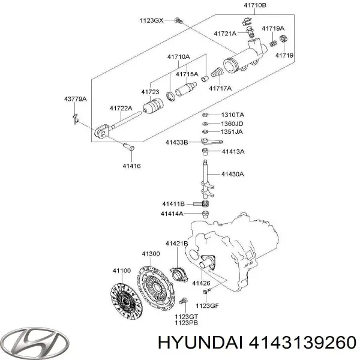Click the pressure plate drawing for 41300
158,284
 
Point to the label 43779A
75,98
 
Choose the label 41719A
273,28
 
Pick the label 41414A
172,213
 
